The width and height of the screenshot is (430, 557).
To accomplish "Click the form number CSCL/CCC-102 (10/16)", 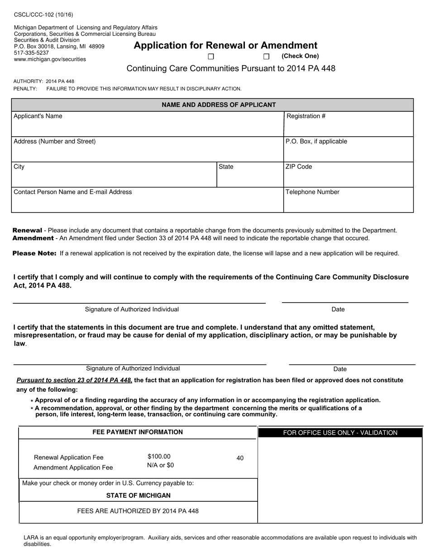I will [x=43, y=15].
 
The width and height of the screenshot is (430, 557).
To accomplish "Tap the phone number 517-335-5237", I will [x=31, y=53].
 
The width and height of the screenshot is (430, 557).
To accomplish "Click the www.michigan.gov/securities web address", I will [x=50, y=59].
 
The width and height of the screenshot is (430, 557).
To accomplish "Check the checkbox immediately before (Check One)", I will [x=266, y=57].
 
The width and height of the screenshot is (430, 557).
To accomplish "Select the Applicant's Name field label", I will [x=38, y=116].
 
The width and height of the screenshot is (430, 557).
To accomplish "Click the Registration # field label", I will [x=306, y=116].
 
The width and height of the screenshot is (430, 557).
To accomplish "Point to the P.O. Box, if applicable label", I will [x=316, y=141].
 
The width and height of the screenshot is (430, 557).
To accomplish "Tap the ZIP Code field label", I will [x=298, y=167].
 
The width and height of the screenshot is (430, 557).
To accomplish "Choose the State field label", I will [x=226, y=167].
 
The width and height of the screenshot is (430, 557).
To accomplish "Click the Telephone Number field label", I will [x=312, y=192].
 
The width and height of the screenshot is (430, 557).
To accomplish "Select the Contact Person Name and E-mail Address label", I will [x=73, y=192].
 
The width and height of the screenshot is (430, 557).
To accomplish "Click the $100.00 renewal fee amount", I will [x=159, y=456].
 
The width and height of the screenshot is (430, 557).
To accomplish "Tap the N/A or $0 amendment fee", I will [x=160, y=465].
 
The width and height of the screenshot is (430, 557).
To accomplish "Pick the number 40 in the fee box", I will [x=240, y=458].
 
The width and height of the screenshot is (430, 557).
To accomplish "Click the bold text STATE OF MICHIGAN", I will [x=138, y=495].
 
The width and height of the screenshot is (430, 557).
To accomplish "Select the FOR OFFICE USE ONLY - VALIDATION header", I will [x=340, y=432].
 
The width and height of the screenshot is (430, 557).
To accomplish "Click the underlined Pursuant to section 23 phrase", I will [x=74, y=380].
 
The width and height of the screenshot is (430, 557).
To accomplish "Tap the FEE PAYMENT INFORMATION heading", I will [x=138, y=432].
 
